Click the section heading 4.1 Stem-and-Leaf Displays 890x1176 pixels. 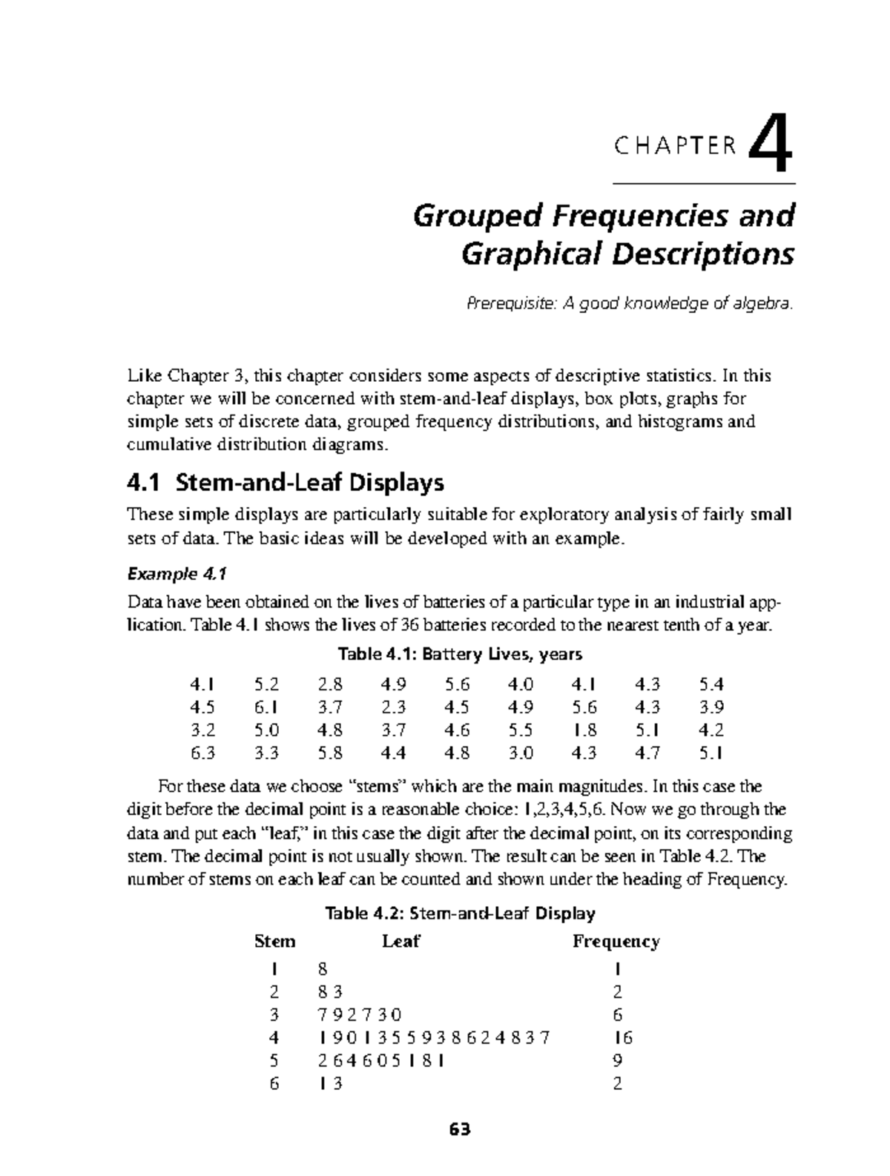(x=286, y=483)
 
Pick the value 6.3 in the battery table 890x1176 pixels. (x=202, y=753)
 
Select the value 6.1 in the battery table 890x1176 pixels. (x=266, y=707)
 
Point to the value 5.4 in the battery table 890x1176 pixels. (x=711, y=683)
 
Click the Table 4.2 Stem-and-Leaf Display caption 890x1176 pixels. (x=460, y=913)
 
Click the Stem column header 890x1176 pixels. (x=274, y=942)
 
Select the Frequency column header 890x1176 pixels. (x=616, y=942)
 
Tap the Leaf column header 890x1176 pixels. (x=400, y=942)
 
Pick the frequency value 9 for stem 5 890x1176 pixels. (x=617, y=1060)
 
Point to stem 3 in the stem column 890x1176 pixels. (x=274, y=1014)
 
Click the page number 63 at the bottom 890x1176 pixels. (x=460, y=1131)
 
